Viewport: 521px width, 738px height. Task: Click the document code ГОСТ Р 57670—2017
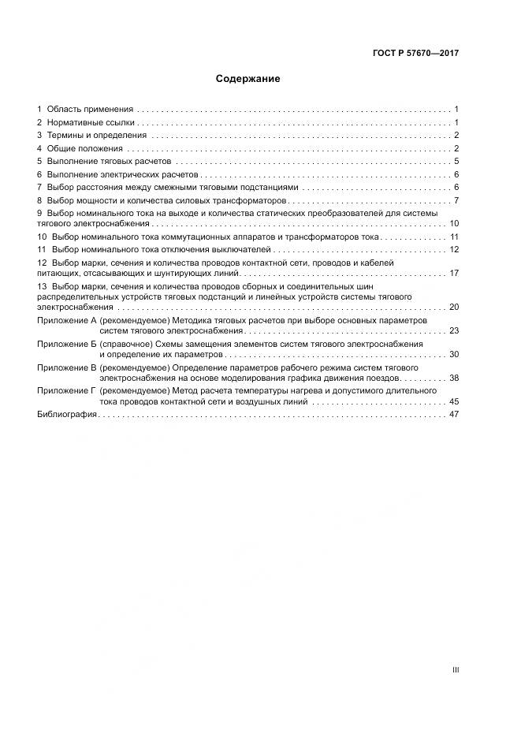click(416, 54)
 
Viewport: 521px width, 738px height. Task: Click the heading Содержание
click(247, 79)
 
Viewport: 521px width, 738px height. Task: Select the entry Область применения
click(90, 109)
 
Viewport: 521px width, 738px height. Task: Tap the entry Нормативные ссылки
click(91, 122)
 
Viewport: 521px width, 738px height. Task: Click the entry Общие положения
click(84, 148)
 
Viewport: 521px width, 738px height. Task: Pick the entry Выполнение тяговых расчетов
click(104, 162)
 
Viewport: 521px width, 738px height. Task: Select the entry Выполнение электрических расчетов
click(117, 174)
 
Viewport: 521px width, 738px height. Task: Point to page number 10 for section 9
click(454, 224)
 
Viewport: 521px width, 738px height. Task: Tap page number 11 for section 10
click(454, 237)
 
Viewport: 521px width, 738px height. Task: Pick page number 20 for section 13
click(454, 307)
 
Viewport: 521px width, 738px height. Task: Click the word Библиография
click(67, 414)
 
